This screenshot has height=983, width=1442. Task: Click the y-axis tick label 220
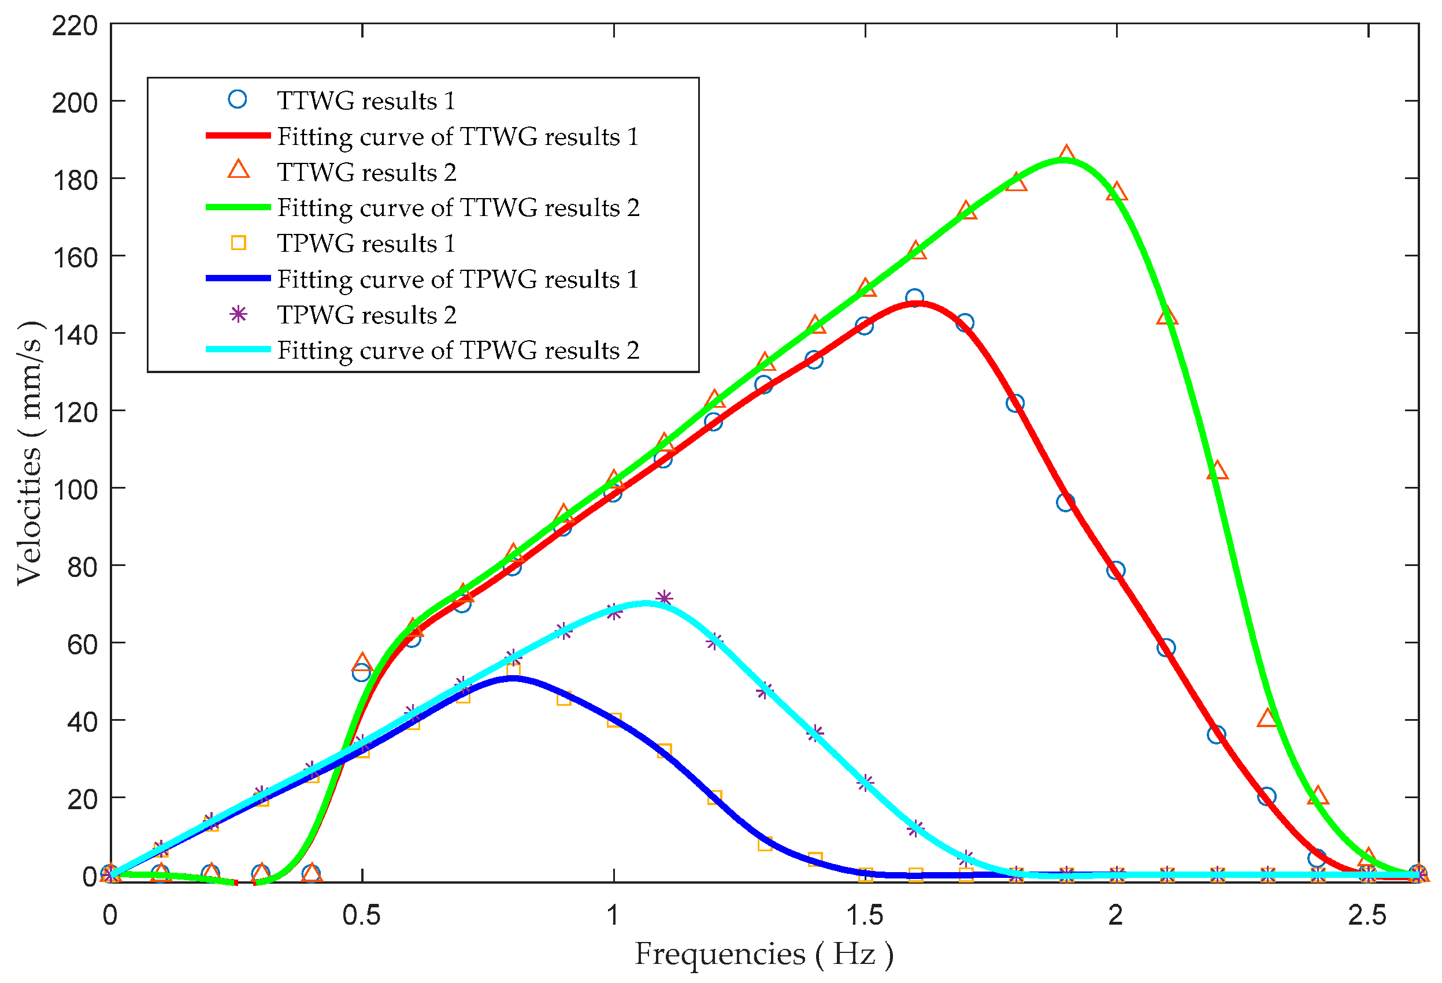(x=75, y=26)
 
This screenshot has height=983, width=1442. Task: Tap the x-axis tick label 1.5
(x=865, y=915)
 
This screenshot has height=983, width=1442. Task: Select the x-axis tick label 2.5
(x=1367, y=915)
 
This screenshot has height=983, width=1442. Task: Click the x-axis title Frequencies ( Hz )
(x=764, y=954)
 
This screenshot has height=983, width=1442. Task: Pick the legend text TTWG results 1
(x=366, y=100)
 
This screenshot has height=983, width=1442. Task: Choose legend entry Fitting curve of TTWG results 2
(x=458, y=208)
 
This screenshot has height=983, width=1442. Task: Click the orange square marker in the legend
(x=238, y=243)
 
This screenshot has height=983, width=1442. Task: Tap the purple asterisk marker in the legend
(x=238, y=314)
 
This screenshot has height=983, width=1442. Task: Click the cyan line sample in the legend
(x=238, y=349)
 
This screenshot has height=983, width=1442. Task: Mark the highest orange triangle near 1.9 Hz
(x=1066, y=154)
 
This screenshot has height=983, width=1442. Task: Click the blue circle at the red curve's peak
(x=914, y=297)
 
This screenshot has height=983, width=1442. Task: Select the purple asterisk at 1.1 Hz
(x=664, y=598)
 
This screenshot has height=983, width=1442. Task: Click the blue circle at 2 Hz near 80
(x=1115, y=570)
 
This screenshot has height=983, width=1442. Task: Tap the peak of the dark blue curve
(x=511, y=678)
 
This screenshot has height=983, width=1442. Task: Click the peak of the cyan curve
(x=647, y=603)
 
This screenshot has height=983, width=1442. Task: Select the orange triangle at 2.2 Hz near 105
(x=1217, y=471)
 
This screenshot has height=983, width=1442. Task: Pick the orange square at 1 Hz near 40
(x=614, y=720)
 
